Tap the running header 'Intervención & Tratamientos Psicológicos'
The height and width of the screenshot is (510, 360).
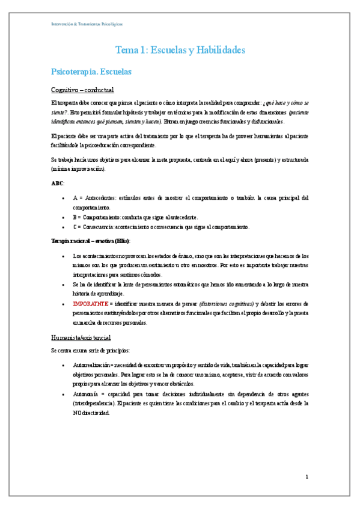(x=87, y=24)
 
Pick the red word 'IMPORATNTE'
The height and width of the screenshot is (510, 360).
(x=90, y=303)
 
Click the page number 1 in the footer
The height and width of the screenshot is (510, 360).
(x=307, y=477)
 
